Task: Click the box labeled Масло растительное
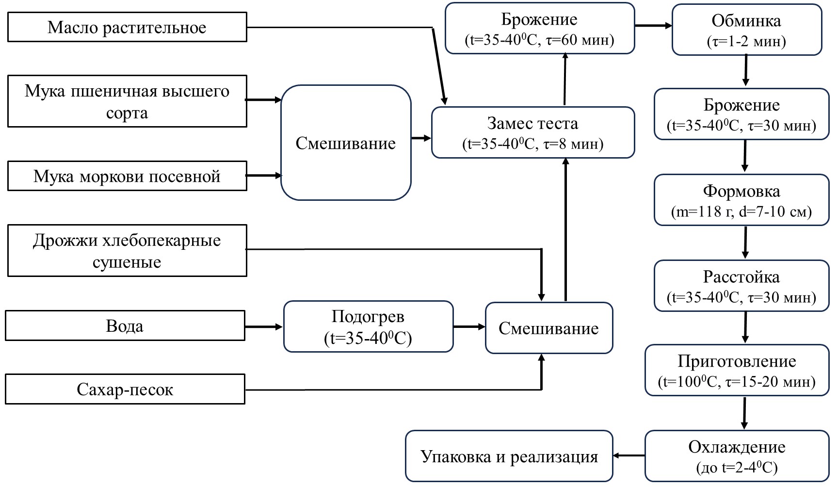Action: pos(127,27)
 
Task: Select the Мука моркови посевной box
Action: pos(127,176)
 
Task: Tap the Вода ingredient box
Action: pos(125,326)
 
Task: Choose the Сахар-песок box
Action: pos(125,390)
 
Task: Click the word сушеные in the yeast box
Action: pos(127,262)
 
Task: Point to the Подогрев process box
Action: pos(368,327)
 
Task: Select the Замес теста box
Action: pos(532,132)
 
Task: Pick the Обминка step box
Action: pos(746,30)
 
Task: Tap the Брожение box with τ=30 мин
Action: pos(741,114)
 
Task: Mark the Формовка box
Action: pos(741,200)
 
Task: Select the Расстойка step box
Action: pos(741,286)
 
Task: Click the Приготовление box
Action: pos(737,371)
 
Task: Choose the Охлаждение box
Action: pos(737,456)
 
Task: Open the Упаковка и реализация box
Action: pos(509,456)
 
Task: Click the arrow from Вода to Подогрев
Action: pos(264,326)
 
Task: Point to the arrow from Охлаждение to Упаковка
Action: pos(629,455)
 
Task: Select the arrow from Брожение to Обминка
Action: pos(653,26)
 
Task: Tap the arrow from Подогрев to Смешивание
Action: pos(469,327)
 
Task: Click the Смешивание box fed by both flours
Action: pos(346,143)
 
